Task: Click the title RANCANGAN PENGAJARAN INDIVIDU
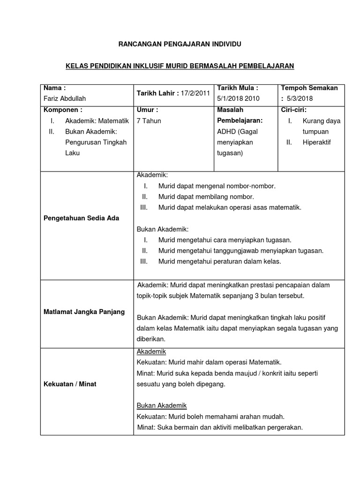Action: point(180,44)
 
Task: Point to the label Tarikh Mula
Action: point(238,88)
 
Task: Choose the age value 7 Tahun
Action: point(149,121)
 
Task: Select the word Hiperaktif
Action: point(317,142)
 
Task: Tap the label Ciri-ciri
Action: point(293,110)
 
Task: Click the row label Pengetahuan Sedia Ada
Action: point(81,218)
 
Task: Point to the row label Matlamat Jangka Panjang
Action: point(84,312)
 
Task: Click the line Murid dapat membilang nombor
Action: point(206,196)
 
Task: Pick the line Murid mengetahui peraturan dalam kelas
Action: point(219,262)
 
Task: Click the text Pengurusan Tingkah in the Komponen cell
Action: point(96,142)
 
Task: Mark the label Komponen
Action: point(63,110)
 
